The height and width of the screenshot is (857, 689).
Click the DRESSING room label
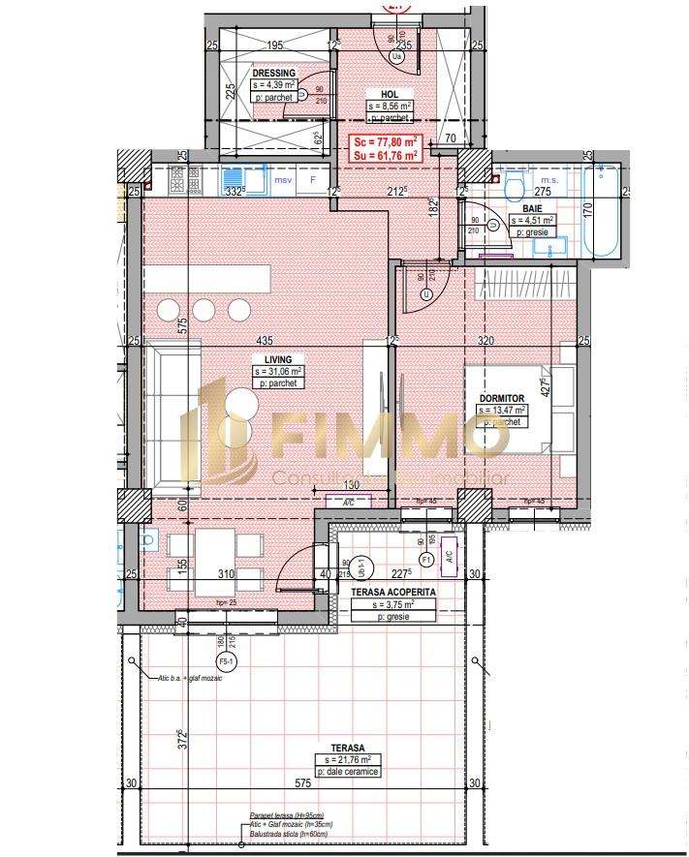(x=273, y=74)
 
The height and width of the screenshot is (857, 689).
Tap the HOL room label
(x=377, y=95)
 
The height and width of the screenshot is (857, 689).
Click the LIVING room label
(x=278, y=359)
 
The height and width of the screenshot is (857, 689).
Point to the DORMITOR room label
(x=501, y=398)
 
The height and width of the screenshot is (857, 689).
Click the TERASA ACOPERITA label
(x=392, y=591)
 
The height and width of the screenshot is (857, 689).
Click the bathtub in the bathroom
(x=602, y=208)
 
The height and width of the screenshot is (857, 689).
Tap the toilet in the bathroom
(x=513, y=185)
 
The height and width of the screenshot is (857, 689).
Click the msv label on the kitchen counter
(x=283, y=180)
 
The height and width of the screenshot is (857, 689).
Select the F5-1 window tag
(x=227, y=661)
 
